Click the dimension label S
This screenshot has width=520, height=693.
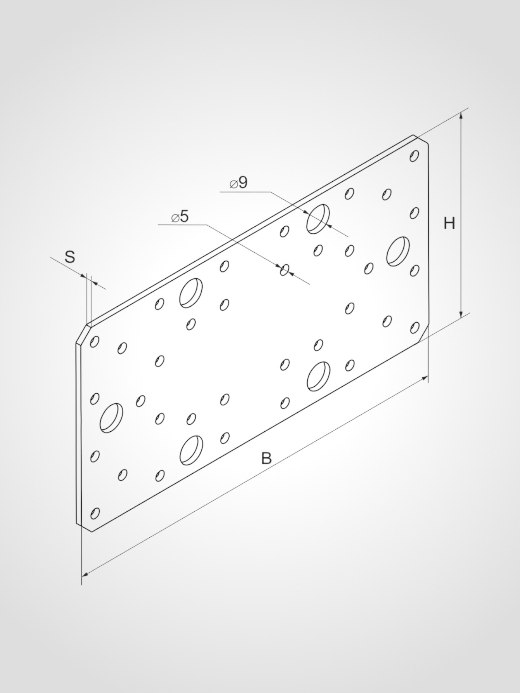pos(70,257)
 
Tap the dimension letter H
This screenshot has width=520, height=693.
pos(449,223)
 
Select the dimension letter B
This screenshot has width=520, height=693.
pos(266,458)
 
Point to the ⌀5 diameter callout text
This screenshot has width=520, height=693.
pos(180,217)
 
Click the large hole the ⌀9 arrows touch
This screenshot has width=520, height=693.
pos(318,219)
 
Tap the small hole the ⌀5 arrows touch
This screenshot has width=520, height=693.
pos(285,270)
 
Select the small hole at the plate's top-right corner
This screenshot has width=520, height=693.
pos(414,156)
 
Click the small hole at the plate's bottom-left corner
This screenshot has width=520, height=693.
pos(95,513)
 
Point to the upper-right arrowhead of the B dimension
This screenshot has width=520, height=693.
pos(425,379)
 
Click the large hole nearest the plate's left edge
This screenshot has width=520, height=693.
pos(111,418)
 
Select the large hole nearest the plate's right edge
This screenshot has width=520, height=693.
pos(398,252)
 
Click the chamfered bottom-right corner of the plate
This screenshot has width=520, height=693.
pos(423,335)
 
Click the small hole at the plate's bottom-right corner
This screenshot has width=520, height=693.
pos(414,328)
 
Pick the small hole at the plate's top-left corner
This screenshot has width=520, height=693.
pos(94,341)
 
